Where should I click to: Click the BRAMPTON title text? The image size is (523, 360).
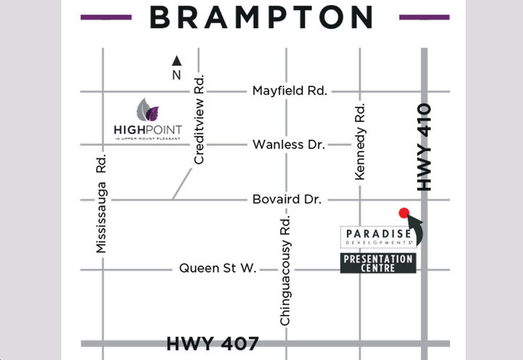point(261,17)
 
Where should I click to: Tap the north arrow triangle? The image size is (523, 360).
point(176,62)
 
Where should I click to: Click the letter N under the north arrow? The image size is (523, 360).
point(176,75)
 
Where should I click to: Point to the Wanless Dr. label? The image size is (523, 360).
point(288,144)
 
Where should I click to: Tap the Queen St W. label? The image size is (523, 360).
point(218,269)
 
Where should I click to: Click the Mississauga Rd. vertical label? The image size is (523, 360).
point(100,204)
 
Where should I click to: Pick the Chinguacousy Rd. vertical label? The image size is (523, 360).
point(285,271)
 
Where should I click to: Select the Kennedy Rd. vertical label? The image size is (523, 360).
point(360,142)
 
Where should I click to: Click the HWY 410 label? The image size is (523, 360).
point(424,147)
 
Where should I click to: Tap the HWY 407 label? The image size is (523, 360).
point(213,343)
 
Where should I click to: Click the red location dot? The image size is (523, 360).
point(404,213)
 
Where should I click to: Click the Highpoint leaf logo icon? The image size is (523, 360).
point(147,110)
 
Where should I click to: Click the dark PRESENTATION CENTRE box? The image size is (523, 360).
point(378,263)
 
